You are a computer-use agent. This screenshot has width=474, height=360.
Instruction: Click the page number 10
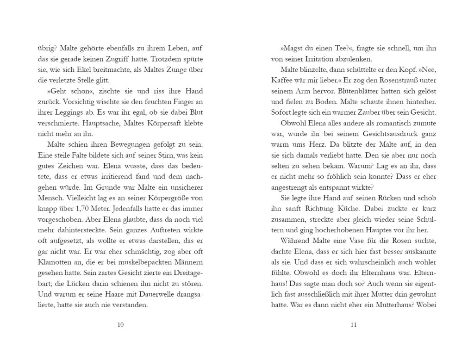pyautogui.click(x=120, y=324)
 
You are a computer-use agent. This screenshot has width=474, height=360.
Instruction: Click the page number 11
pyautogui.click(x=354, y=324)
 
